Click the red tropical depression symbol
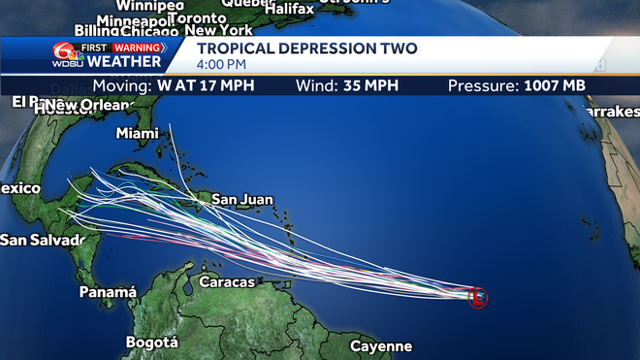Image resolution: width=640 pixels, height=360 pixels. point(477,297)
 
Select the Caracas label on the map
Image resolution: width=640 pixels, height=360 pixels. point(226,282)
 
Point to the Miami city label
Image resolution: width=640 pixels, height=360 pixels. point(137,133)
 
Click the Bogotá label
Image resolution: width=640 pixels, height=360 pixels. point(152,342)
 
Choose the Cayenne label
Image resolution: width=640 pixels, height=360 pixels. point(381,346)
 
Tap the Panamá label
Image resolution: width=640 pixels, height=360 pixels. point(108,291)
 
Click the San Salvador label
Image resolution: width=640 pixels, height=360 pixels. point(39,239)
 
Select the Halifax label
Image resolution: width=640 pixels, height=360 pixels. point(288,9)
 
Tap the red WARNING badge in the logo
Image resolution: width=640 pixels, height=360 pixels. point(138,47)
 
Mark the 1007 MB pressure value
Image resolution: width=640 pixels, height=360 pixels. point(555,86)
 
